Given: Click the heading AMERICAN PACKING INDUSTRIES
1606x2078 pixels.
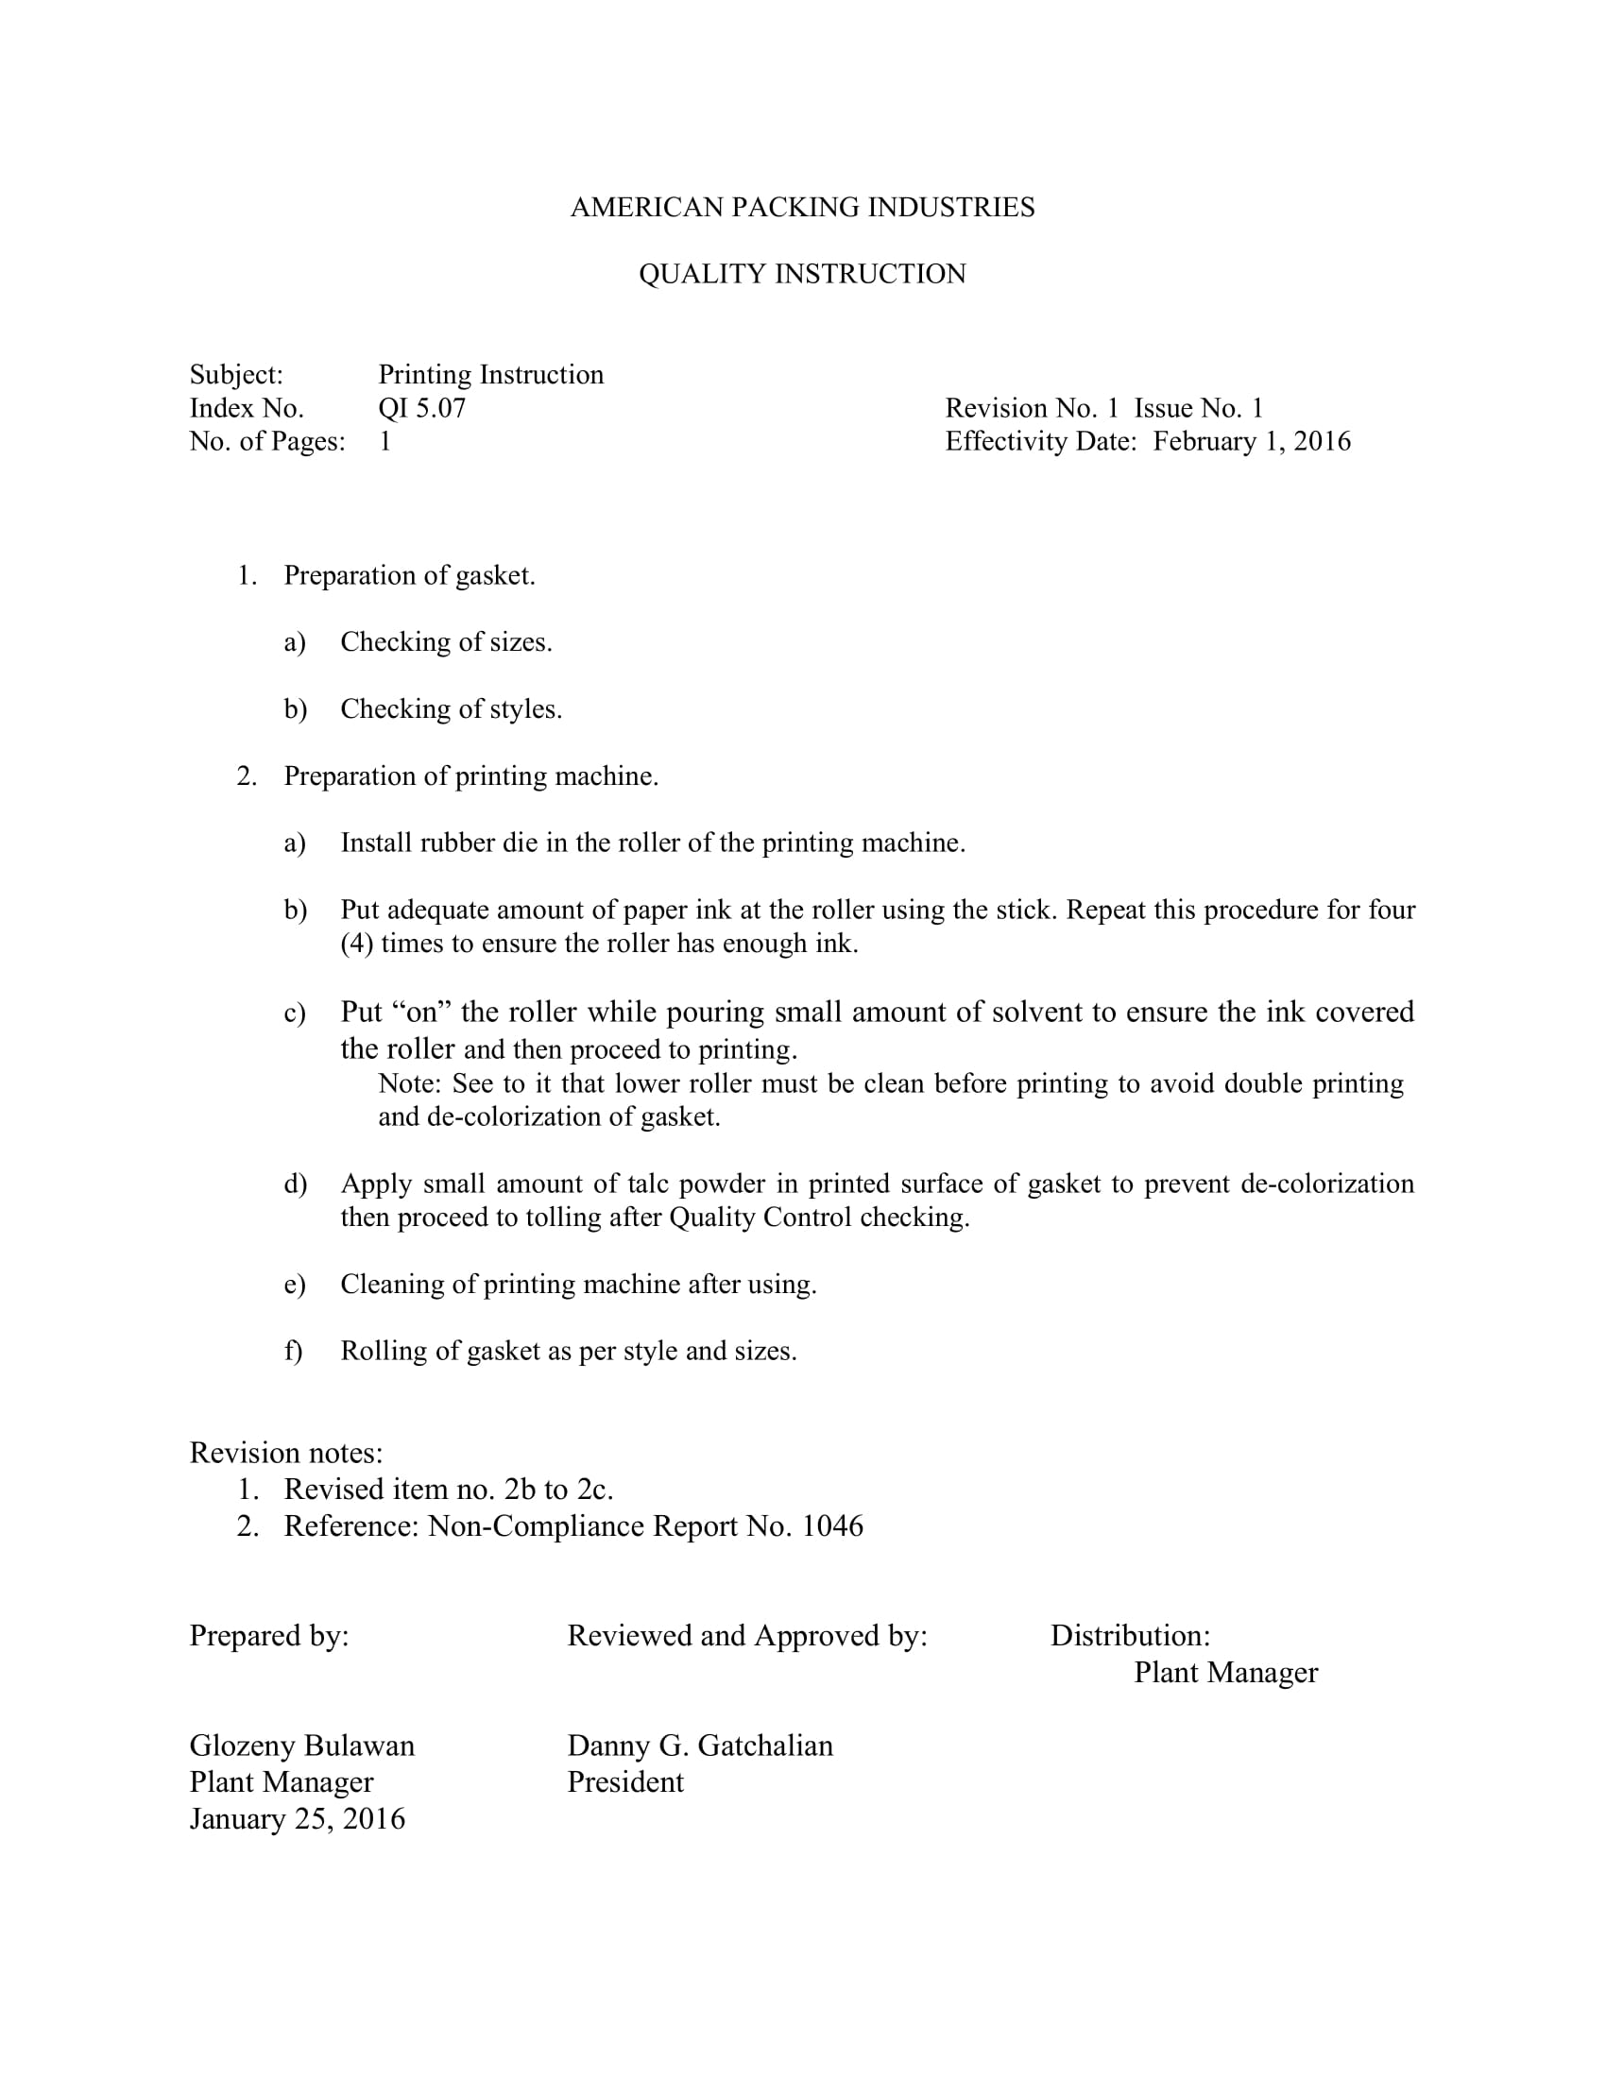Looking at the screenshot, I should pyautogui.click(x=802, y=208).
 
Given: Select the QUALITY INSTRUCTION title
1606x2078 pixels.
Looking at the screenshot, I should pyautogui.click(x=802, y=274).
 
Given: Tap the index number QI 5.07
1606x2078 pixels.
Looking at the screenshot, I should pyautogui.click(x=421, y=408).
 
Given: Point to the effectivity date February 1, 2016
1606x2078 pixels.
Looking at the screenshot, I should pyautogui.click(x=1251, y=441).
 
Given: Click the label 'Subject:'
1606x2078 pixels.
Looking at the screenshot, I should pyautogui.click(x=236, y=375).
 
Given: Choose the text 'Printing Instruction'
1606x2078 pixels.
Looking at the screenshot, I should pyautogui.click(x=491, y=375).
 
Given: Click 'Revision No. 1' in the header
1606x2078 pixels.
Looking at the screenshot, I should pyautogui.click(x=1032, y=408).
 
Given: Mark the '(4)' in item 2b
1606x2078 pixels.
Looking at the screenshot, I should pyautogui.click(x=356, y=944).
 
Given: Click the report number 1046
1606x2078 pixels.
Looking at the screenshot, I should pyautogui.click(x=831, y=1526).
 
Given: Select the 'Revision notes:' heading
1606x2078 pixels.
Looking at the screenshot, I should pyautogui.click(x=286, y=1453).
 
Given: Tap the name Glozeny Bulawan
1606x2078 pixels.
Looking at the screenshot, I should pyautogui.click(x=301, y=1746).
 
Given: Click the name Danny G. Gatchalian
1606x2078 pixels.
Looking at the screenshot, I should pyautogui.click(x=699, y=1746).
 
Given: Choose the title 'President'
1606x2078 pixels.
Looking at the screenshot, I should pyautogui.click(x=625, y=1782).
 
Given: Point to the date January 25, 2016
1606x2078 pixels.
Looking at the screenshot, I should pyautogui.click(x=297, y=1819).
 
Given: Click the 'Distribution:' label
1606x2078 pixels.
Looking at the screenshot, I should pyautogui.click(x=1129, y=1636).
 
